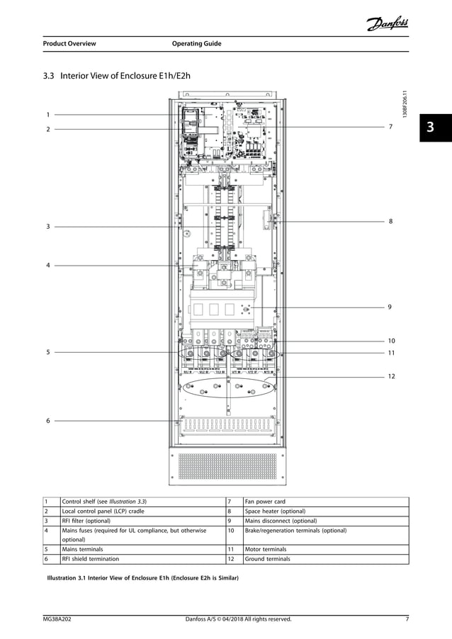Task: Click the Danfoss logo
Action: pyautogui.click(x=388, y=25)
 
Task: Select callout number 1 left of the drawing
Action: pyautogui.click(x=48, y=114)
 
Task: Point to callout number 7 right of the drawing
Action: pyautogui.click(x=390, y=126)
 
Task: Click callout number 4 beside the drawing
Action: pyautogui.click(x=48, y=266)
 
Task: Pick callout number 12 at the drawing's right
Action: pyautogui.click(x=391, y=377)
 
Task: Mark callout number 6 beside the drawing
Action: pyautogui.click(x=48, y=420)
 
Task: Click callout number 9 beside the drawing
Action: pyautogui.click(x=390, y=307)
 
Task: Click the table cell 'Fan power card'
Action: pyautogui.click(x=267, y=502)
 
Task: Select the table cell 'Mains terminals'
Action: pyautogui.click(x=83, y=548)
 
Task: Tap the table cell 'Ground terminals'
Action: pyautogui.click(x=268, y=558)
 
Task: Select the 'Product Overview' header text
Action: pyautogui.click(x=69, y=44)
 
